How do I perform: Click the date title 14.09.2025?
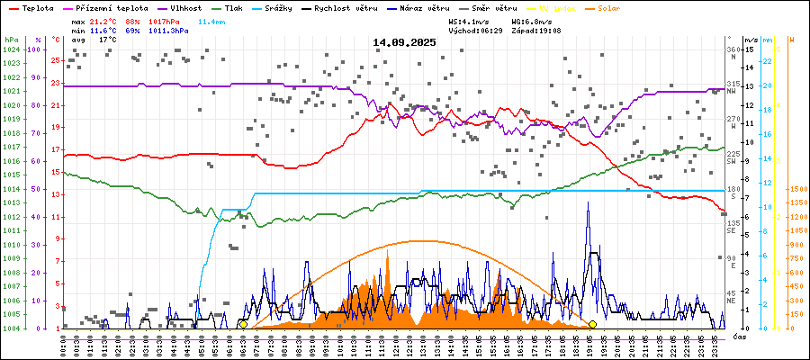[405, 41]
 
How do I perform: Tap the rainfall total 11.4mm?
[212, 20]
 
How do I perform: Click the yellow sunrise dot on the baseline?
[243, 324]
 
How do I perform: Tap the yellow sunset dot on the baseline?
[592, 324]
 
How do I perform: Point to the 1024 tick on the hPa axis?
[11, 49]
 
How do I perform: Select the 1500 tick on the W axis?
[798, 189]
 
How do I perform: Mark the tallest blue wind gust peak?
[589, 202]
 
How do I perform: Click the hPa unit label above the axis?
[11, 40]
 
